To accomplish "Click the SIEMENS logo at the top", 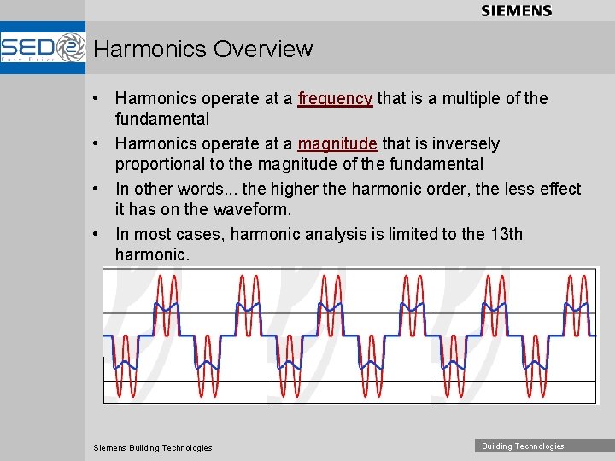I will coord(516,11).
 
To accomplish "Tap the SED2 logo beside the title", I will coord(43,49).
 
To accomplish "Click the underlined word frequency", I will coord(335,98).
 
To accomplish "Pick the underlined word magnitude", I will coord(337,143).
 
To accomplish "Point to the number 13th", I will coord(503,234).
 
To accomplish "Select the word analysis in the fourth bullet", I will coord(337,234).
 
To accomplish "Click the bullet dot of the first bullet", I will coord(100,99).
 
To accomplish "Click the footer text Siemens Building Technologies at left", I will coord(152,447).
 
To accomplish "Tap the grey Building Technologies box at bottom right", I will coord(523,446).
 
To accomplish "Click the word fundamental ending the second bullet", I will coord(436,164).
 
